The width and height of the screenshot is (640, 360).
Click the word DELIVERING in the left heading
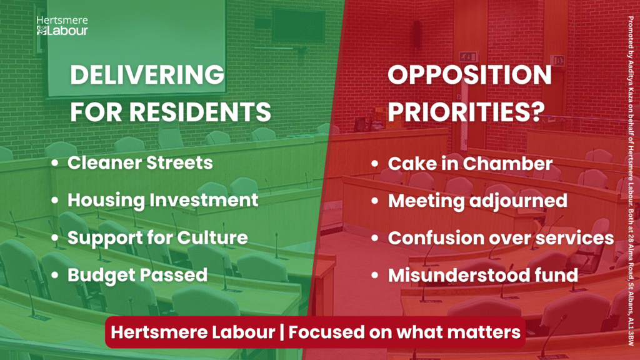(147, 75)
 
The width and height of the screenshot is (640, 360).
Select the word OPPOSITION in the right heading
(469, 75)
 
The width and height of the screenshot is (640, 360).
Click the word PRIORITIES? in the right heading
(466, 111)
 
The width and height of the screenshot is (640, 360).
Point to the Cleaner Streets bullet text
(140, 162)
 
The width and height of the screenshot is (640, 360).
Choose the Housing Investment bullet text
(163, 200)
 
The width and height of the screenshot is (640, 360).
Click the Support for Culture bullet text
(157, 237)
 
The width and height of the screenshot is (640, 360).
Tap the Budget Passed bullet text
(137, 275)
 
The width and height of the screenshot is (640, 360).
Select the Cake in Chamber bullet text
(470, 164)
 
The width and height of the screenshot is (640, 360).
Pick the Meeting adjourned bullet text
(477, 201)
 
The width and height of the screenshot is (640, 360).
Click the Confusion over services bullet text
(501, 238)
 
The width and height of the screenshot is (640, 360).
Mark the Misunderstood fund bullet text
(483, 275)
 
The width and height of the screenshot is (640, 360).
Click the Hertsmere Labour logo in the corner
(62, 26)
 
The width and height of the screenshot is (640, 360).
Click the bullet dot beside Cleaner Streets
(55, 163)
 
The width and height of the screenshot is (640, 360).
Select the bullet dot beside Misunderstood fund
(375, 276)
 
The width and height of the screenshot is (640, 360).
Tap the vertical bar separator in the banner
(282, 332)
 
